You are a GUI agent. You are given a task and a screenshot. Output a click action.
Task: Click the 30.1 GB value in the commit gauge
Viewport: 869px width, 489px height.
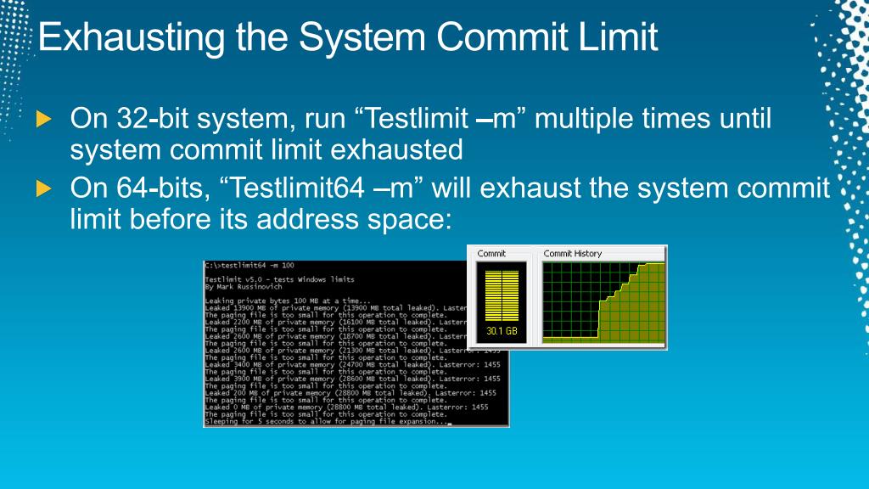click(x=502, y=331)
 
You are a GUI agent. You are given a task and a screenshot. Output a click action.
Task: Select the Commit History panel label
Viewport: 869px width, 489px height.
click(x=573, y=253)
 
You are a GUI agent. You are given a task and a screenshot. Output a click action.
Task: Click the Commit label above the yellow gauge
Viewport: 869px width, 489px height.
click(x=491, y=253)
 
